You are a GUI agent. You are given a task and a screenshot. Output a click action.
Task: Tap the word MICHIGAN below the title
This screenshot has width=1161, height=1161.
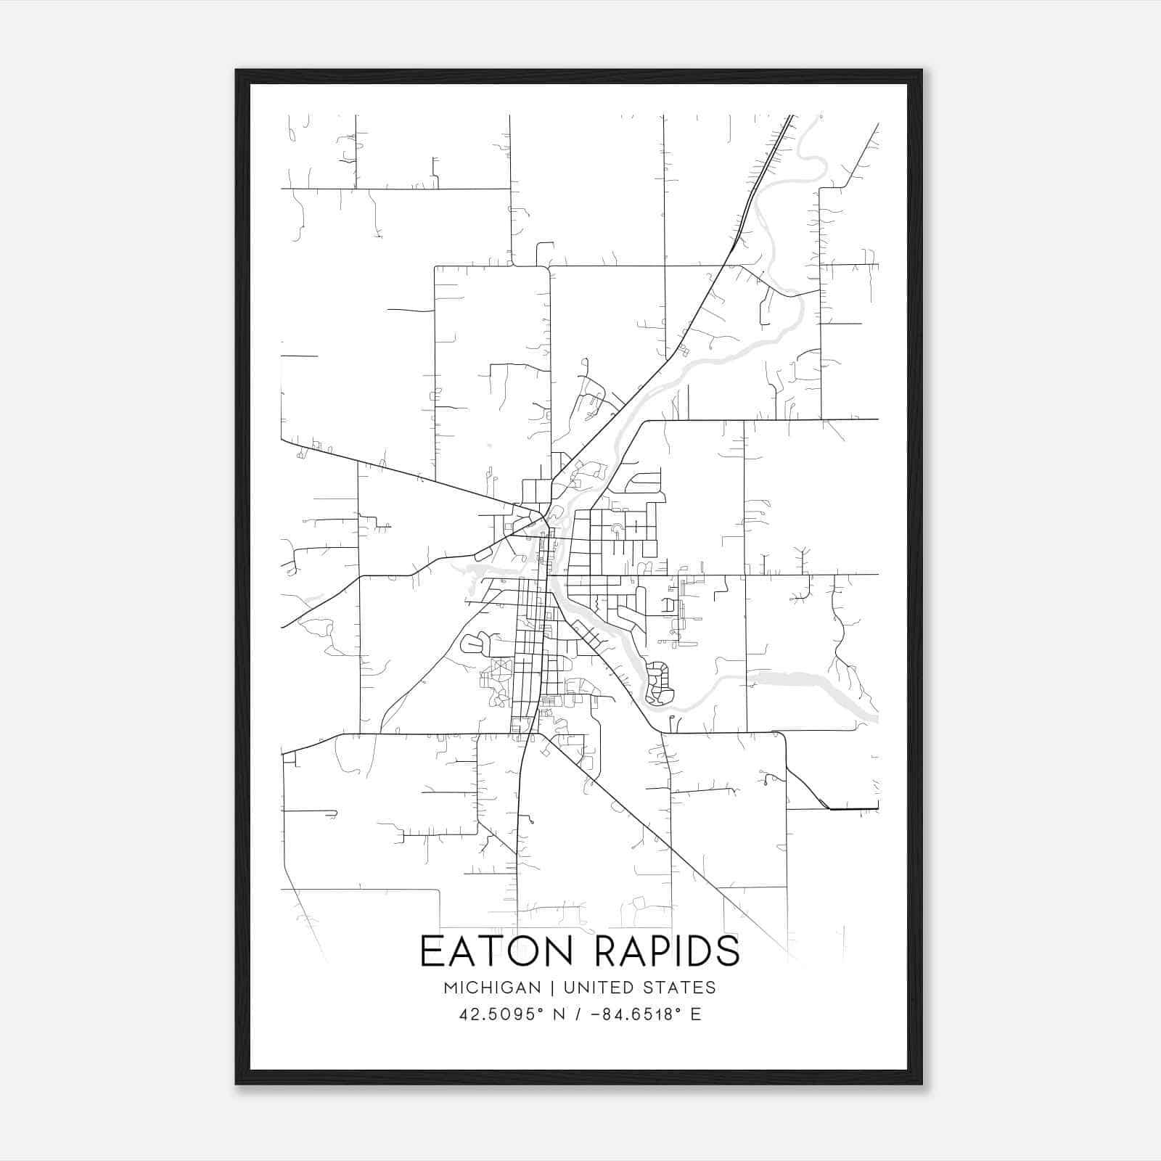[493, 988]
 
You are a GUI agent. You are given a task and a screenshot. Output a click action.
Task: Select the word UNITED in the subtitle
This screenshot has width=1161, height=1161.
[594, 988]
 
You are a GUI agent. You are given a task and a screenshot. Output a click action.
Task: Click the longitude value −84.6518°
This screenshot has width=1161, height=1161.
[636, 1014]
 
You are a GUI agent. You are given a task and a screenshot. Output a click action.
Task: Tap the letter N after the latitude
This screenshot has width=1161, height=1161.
[559, 1014]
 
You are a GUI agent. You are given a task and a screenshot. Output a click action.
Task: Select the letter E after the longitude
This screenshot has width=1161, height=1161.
[696, 1014]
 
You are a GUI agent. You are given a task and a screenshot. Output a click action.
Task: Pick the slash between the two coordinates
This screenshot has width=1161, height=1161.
[578, 1014]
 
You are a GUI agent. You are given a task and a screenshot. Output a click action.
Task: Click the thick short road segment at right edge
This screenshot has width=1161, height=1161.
[854, 808]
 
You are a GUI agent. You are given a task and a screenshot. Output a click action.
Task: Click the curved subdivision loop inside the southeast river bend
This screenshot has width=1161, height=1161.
[659, 684]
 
